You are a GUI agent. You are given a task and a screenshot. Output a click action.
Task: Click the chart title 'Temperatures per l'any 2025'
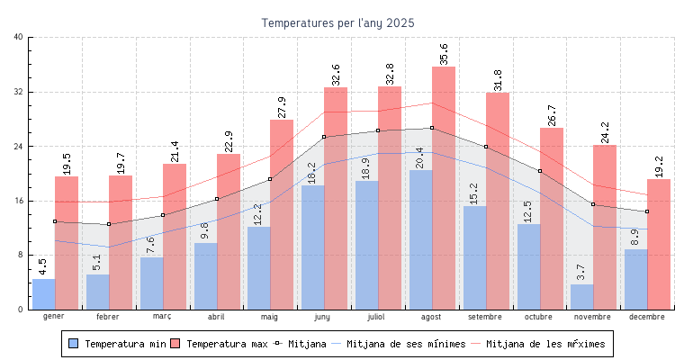click(x=337, y=22)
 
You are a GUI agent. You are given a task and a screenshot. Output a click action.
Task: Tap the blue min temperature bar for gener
click(x=43, y=294)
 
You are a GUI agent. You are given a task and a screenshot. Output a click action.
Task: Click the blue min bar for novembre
click(x=581, y=297)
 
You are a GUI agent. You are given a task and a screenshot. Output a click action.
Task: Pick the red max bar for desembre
click(x=659, y=244)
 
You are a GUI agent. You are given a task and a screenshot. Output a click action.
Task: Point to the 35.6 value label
click(x=444, y=52)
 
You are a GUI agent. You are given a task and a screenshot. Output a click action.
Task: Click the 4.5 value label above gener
click(x=43, y=266)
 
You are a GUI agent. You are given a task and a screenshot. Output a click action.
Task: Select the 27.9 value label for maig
click(x=282, y=106)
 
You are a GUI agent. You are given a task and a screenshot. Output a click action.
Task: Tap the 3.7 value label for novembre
click(x=581, y=272)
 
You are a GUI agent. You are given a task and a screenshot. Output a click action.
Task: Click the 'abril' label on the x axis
click(x=216, y=317)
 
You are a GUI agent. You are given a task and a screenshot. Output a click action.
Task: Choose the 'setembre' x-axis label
click(x=486, y=317)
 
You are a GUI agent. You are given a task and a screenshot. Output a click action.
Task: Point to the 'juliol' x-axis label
click(x=377, y=317)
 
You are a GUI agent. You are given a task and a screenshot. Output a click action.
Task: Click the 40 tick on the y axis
click(x=19, y=37)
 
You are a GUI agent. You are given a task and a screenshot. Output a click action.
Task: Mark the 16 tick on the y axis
click(x=19, y=201)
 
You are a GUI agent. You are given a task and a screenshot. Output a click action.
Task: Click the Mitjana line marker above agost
click(x=432, y=128)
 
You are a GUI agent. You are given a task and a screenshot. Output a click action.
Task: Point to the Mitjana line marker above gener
click(x=55, y=221)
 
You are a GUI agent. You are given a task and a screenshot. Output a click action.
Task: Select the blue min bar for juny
click(x=312, y=247)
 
